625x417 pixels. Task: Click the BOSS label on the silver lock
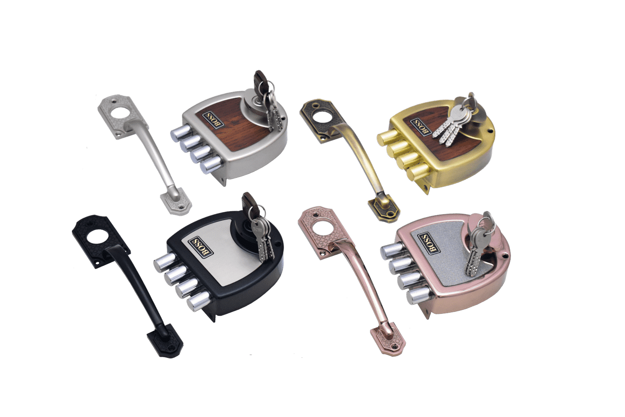point(213,120)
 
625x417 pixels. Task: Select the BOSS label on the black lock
point(201,247)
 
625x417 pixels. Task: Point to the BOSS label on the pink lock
point(429,243)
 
